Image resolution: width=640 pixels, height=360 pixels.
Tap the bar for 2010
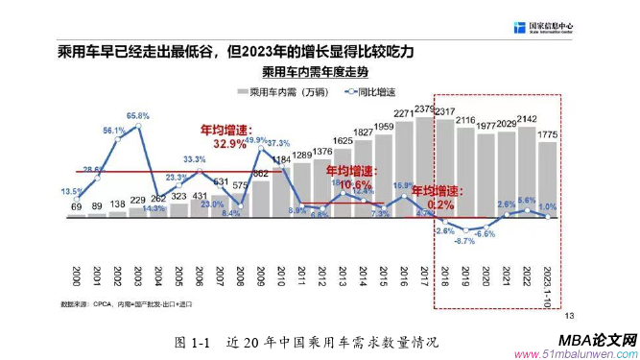tap(281, 192)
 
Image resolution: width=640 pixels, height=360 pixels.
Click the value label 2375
tap(426, 110)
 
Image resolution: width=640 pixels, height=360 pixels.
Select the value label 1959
tap(384, 127)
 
